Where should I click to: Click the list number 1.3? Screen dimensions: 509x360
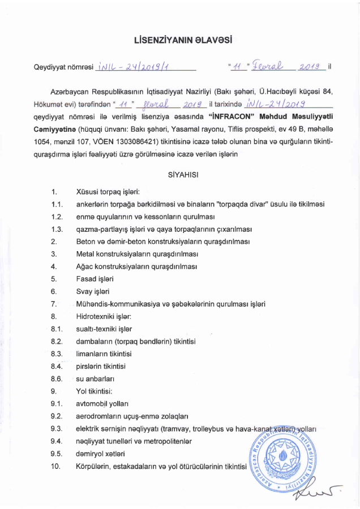click(56, 230)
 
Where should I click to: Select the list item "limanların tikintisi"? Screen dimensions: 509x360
click(104, 354)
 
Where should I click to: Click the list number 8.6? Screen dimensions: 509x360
click(56, 378)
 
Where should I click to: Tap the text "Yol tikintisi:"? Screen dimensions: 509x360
click(95, 391)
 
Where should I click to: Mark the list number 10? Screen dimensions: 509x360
click(54, 465)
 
